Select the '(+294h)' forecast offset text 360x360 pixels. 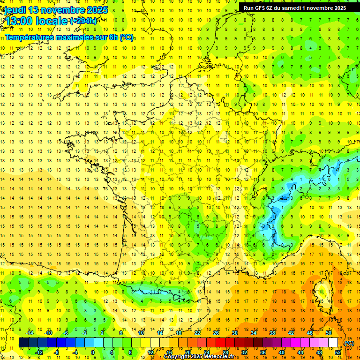83,21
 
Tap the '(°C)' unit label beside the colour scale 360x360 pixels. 349,343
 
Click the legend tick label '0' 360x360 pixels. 92,352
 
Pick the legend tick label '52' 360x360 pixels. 337,352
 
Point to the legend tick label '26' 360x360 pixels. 216,333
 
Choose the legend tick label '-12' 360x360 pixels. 39,352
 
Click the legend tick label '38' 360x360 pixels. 272,333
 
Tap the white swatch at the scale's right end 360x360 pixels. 333,343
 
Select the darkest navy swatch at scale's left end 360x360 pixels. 23,343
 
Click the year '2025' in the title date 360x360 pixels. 97,10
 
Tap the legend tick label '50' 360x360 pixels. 328,333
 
